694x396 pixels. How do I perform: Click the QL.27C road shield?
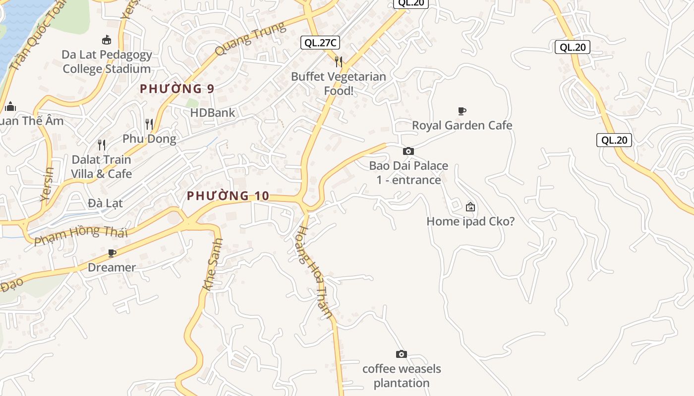click(x=320, y=43)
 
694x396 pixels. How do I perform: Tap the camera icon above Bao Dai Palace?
click(x=408, y=151)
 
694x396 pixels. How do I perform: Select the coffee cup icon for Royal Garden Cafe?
click(x=462, y=111)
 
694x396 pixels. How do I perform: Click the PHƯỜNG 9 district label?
click(x=177, y=89)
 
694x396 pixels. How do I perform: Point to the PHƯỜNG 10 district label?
click(x=228, y=196)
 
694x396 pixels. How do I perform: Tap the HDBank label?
click(x=213, y=113)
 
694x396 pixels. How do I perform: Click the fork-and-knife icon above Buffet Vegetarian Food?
click(x=339, y=61)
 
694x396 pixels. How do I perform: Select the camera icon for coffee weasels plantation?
click(x=402, y=354)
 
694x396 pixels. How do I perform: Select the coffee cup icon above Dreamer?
click(x=112, y=253)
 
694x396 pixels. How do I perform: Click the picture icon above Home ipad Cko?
click(x=470, y=207)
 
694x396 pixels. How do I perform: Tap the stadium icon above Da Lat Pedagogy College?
click(x=106, y=40)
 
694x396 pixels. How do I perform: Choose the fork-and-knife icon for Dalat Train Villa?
click(x=102, y=145)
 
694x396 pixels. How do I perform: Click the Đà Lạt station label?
click(x=105, y=203)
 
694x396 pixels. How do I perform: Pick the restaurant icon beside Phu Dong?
click(x=149, y=124)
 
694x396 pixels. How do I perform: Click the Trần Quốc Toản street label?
click(x=38, y=37)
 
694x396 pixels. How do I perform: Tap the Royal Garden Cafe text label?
click(x=462, y=125)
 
